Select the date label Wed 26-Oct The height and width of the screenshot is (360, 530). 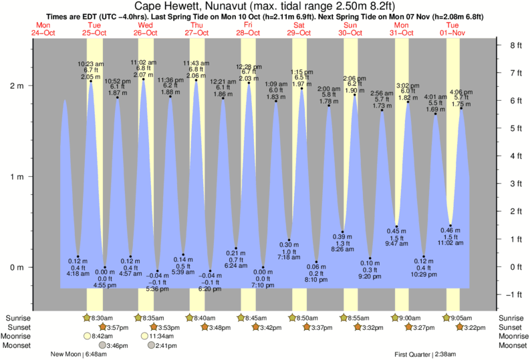[146, 28]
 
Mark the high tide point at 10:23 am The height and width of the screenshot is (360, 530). [91, 81]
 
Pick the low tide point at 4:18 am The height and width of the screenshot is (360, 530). [78, 256]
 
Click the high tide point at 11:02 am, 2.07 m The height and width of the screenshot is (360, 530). [144, 80]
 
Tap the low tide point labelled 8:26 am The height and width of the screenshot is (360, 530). [342, 232]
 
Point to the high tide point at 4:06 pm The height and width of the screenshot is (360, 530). [460, 109]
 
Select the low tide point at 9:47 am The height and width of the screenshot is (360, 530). [396, 226]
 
